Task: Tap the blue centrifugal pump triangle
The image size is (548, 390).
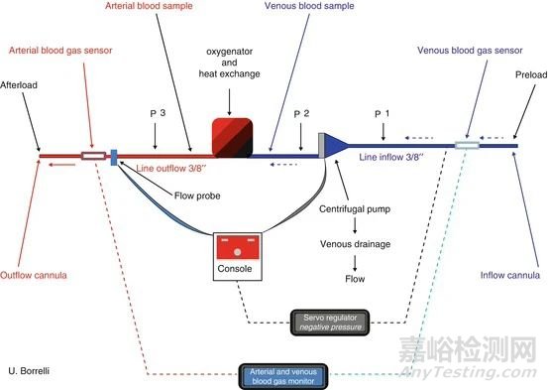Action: (337, 147)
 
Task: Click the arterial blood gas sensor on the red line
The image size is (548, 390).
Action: (95, 155)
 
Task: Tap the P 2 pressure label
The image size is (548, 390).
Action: (301, 113)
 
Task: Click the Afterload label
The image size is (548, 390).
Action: (22, 85)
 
